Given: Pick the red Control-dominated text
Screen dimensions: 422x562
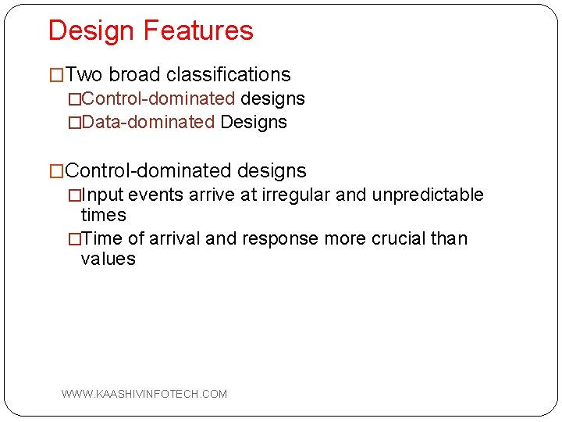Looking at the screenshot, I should (158, 99).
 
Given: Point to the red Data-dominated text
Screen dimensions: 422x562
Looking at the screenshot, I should (148, 123).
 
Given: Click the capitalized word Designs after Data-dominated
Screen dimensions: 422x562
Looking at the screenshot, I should (254, 123).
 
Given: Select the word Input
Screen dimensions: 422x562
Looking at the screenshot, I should (102, 195).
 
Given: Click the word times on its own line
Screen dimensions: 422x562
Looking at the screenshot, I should (103, 215).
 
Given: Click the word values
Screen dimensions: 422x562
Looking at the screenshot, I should (108, 259).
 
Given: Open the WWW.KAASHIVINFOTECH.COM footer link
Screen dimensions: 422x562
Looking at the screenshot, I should (144, 394).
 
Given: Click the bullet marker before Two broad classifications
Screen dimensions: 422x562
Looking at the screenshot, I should (57, 76).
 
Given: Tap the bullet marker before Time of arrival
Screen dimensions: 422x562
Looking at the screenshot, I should (74, 239).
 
